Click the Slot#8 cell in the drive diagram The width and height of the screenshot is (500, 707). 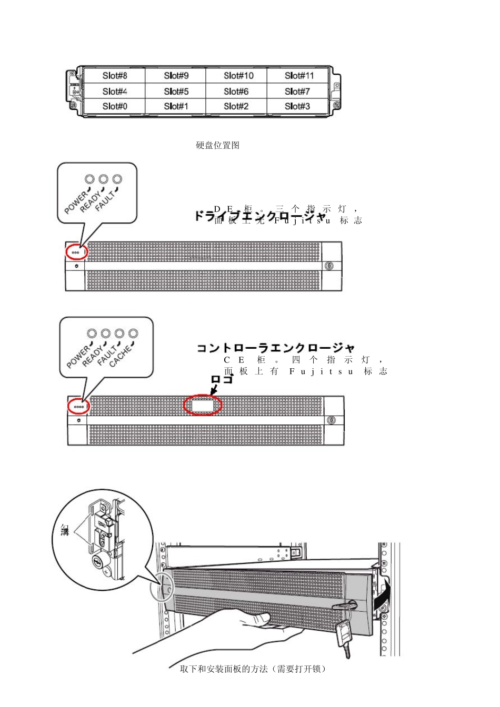point(115,76)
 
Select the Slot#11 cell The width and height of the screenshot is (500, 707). point(299,76)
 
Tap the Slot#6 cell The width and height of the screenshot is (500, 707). point(236,92)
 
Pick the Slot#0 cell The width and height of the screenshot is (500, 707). point(115,106)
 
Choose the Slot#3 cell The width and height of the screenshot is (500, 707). point(297,106)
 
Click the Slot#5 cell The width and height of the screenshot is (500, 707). point(176,92)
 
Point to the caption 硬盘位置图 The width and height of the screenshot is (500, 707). point(218,146)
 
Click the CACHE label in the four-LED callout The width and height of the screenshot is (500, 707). point(122,356)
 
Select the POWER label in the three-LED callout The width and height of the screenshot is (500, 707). point(77,203)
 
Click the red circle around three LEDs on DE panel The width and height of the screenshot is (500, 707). point(76,252)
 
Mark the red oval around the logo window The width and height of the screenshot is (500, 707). point(203,405)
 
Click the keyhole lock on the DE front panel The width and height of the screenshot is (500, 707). point(329,266)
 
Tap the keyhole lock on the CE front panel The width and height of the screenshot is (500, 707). point(331,420)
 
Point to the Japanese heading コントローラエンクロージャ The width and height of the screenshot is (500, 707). point(275,348)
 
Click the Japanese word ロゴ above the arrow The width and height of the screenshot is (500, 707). point(221,379)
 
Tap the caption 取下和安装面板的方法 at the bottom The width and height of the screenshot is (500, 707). point(253,669)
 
